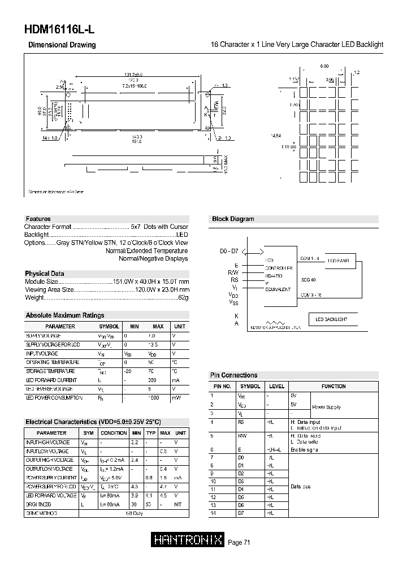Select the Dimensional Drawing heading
coord(62,45)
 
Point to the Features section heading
coord(38,219)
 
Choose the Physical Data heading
coord(45,274)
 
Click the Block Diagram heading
coord(233,219)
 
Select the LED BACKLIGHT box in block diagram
coord(331,319)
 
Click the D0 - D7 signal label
coord(230,250)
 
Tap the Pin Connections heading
coord(233,375)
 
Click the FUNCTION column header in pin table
coord(334,386)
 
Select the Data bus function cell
coord(300,486)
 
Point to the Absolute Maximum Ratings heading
coord(65,315)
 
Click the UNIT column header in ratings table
coord(179,326)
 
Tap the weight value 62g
coord(183,297)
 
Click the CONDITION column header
coord(114,432)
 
